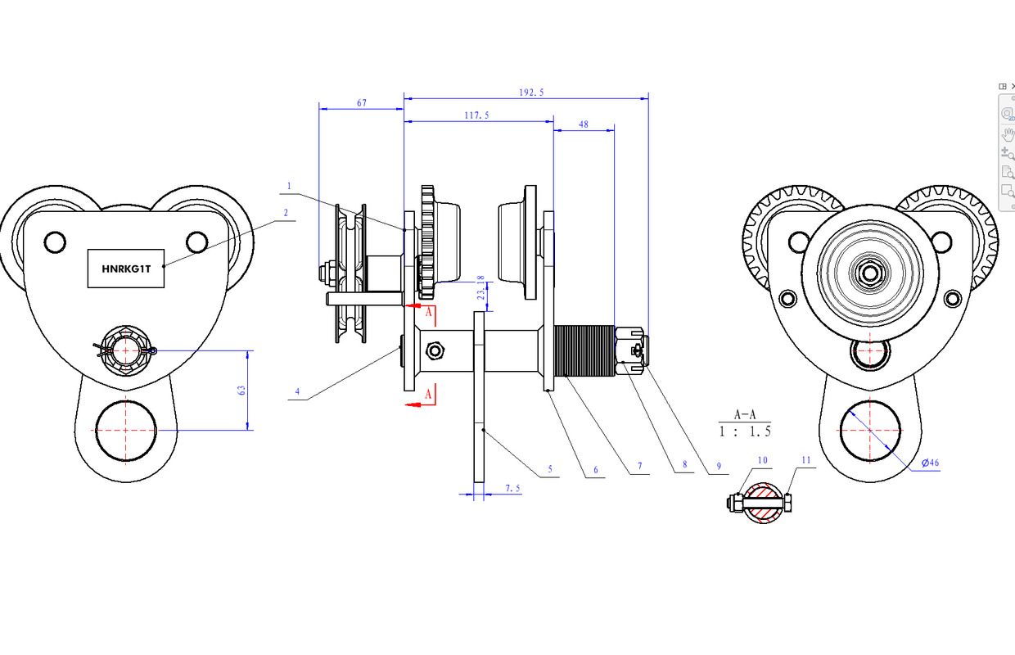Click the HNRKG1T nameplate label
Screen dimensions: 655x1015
[126, 268]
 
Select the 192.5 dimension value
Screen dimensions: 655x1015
[530, 93]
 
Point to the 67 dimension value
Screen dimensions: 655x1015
[361, 103]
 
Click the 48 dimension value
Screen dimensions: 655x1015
[584, 124]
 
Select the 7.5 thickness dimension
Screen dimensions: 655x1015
[512, 488]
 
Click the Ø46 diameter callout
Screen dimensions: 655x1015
[930, 463]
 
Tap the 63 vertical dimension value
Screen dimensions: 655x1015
[242, 391]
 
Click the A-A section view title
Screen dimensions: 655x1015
[743, 414]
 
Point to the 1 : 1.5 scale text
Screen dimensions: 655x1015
[744, 431]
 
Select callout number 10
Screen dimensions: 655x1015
[762, 461]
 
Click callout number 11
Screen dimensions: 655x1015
[805, 461]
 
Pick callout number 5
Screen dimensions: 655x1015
[550, 469]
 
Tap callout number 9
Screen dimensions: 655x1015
[718, 467]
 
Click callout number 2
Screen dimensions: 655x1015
[286, 212]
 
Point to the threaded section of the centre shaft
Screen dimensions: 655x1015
[584, 350]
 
